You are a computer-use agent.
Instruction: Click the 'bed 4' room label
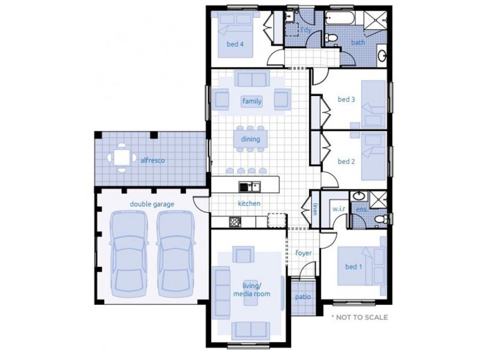(235, 44)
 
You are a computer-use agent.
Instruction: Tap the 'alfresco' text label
(152, 160)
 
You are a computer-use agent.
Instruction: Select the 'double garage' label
(152, 204)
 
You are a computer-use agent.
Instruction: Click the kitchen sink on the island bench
(250, 187)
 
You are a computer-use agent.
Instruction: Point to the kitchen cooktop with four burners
(235, 222)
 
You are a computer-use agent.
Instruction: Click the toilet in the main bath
(331, 38)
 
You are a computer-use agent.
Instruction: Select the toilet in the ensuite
(382, 219)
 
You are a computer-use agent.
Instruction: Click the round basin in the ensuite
(356, 196)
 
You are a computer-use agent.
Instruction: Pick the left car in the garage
(129, 253)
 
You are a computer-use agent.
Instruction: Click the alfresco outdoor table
(122, 158)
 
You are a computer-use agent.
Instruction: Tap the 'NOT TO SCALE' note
(359, 317)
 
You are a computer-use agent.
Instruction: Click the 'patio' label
(303, 296)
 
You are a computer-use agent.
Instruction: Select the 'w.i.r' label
(338, 209)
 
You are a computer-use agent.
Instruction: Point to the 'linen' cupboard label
(314, 209)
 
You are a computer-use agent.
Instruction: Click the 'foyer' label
(304, 253)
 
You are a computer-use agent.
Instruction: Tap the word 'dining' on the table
(250, 139)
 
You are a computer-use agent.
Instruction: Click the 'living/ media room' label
(252, 290)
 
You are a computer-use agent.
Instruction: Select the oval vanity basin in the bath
(382, 55)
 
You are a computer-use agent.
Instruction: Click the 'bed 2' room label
(346, 161)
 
